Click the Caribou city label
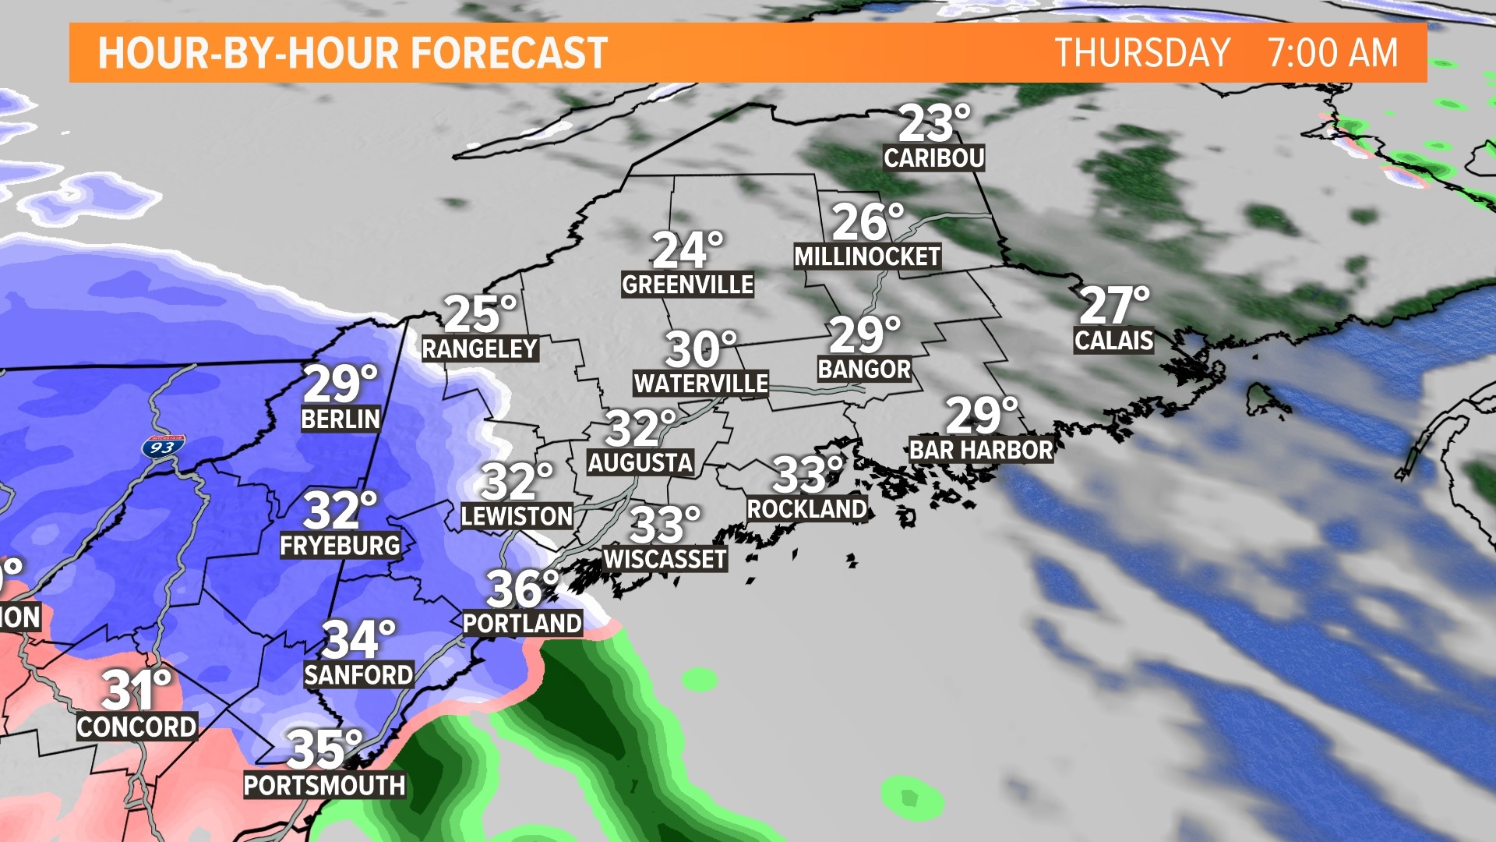(x=933, y=158)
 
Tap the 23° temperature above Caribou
(x=933, y=124)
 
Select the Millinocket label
(x=866, y=256)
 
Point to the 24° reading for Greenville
(x=687, y=250)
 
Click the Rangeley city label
(x=480, y=348)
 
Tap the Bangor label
(x=864, y=370)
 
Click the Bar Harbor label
(x=981, y=450)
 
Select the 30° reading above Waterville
(x=700, y=349)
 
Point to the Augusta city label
(x=640, y=463)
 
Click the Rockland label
(x=806, y=509)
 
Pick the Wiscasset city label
(x=665, y=559)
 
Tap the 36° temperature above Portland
(x=523, y=589)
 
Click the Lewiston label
(x=517, y=516)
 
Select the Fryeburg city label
(x=340, y=546)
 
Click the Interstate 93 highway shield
(x=163, y=447)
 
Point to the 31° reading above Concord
(x=136, y=690)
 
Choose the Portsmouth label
(x=324, y=785)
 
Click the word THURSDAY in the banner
(x=1142, y=53)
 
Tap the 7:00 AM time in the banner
(x=1332, y=53)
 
